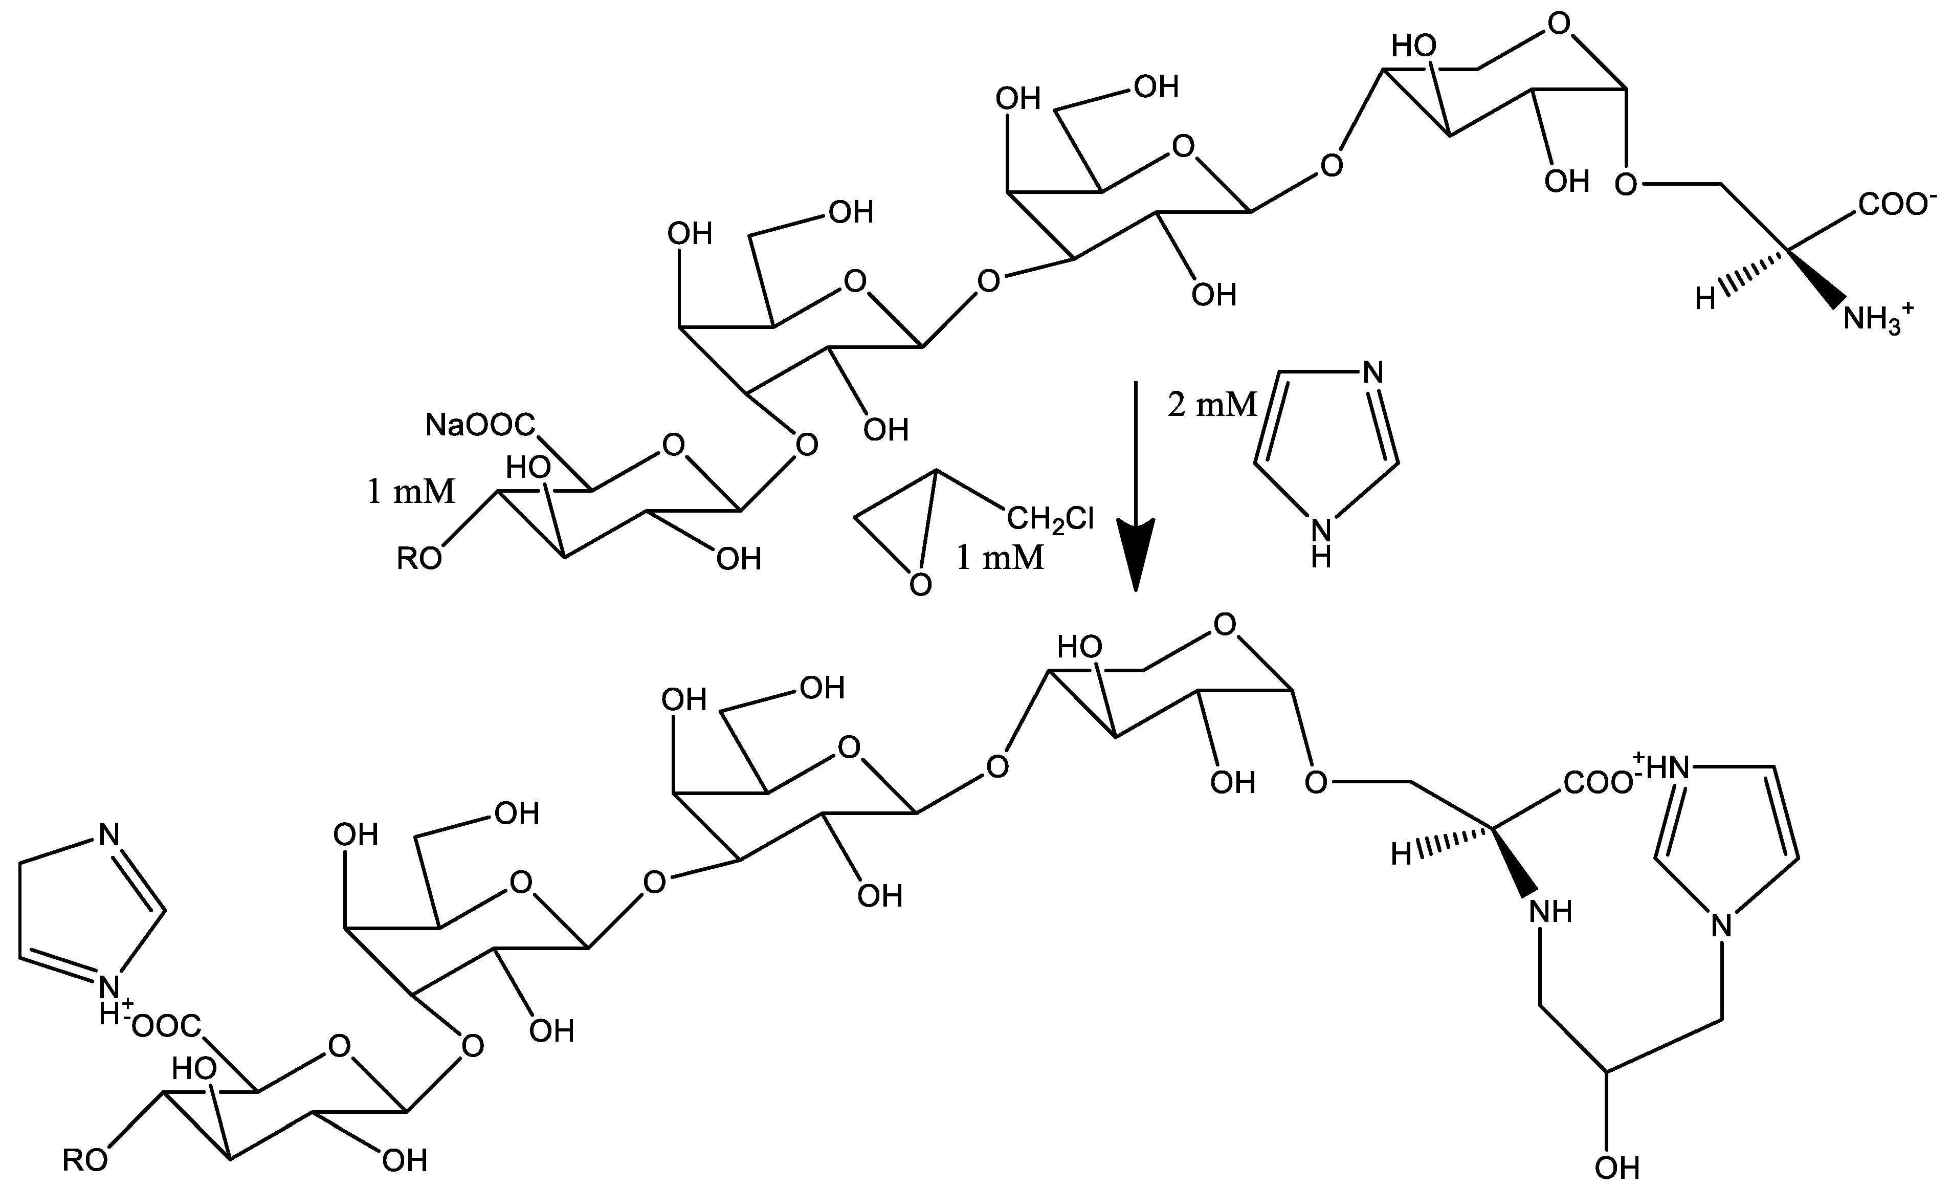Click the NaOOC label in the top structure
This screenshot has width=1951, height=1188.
tap(480, 425)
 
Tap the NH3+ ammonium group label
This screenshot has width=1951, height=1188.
tap(1876, 319)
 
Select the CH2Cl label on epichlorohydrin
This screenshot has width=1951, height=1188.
tap(1050, 519)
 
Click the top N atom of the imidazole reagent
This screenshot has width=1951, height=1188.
tap(1374, 372)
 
